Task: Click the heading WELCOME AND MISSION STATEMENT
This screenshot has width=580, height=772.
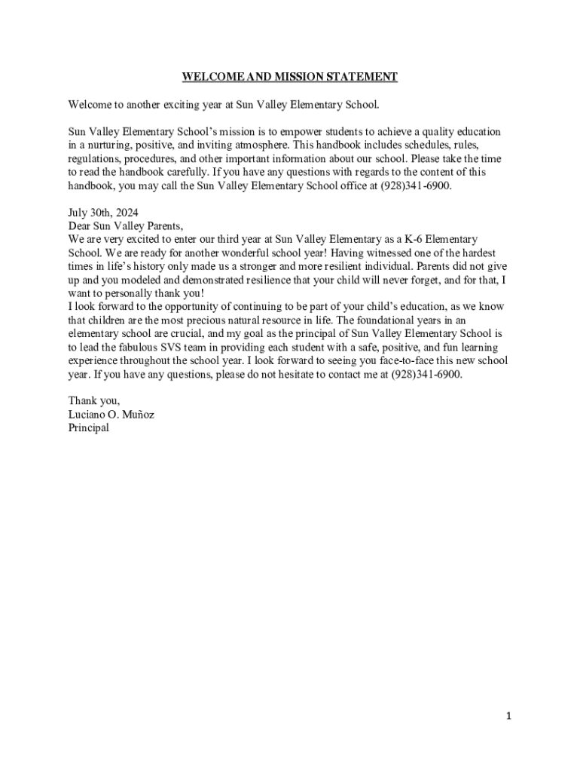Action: click(289, 77)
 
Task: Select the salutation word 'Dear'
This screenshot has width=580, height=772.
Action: click(79, 225)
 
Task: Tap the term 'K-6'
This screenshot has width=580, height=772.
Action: click(411, 239)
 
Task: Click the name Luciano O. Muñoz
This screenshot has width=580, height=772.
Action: click(111, 414)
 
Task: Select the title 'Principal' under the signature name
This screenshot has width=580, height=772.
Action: click(88, 427)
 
